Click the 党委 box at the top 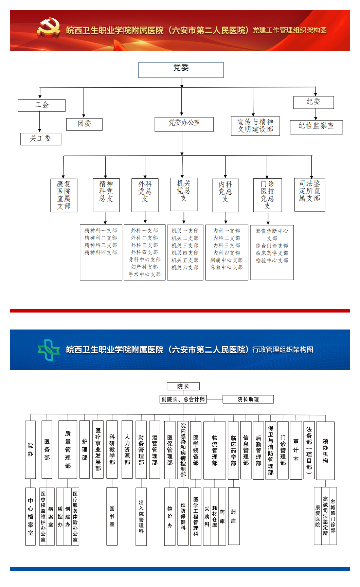[181, 70]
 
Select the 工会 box [42, 105]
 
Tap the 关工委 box [41, 139]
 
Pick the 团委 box [85, 124]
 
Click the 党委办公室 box [184, 124]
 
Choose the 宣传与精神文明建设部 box [255, 126]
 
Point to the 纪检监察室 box [317, 127]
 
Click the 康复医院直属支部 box [64, 195]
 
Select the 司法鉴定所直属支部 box [310, 195]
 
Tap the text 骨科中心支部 [145, 260]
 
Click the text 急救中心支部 [227, 267]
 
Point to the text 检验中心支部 [272, 261]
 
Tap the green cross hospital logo [49, 350]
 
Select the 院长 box [183, 386]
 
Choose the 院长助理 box [248, 399]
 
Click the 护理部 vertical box [85, 449]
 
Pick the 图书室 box [112, 516]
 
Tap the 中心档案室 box [31, 516]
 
